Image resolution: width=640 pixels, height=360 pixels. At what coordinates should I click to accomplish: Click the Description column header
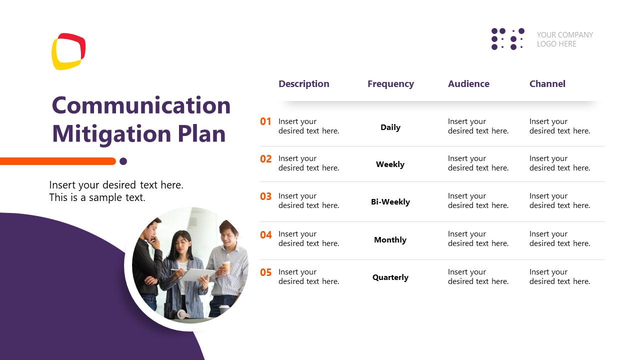(x=303, y=84)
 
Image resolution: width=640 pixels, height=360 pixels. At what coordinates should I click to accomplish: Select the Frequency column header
(x=390, y=84)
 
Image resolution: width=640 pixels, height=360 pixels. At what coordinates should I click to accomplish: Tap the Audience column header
(x=468, y=84)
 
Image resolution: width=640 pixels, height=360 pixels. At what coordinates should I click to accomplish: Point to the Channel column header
(x=547, y=84)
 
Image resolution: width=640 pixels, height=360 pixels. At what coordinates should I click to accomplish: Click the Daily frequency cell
(x=390, y=127)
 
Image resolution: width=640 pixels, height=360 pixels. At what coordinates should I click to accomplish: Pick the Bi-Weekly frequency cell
(x=390, y=202)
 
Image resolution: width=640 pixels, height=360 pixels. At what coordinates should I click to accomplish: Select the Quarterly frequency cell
(x=390, y=277)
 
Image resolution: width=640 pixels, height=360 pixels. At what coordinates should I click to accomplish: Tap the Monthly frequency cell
(x=390, y=240)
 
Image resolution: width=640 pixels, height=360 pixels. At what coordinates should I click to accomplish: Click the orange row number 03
(x=265, y=196)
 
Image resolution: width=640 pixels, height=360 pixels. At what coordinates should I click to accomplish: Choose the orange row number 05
(x=265, y=272)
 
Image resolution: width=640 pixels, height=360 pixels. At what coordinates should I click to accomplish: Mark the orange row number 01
(x=265, y=121)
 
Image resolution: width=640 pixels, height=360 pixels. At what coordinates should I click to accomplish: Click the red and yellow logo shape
(x=68, y=51)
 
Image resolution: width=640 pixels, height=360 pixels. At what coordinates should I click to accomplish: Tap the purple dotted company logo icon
(x=507, y=39)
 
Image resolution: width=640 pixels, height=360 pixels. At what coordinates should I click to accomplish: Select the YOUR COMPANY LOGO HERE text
(x=564, y=39)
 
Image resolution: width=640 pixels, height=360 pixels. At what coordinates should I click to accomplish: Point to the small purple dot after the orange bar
(x=123, y=161)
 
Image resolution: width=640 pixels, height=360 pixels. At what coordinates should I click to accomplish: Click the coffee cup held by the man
(x=226, y=266)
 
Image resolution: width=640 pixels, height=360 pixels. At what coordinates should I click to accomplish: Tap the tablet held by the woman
(x=196, y=274)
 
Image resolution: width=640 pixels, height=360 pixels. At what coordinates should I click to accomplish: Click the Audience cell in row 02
(x=477, y=163)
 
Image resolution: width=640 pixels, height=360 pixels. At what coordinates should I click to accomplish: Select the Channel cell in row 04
(x=559, y=238)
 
